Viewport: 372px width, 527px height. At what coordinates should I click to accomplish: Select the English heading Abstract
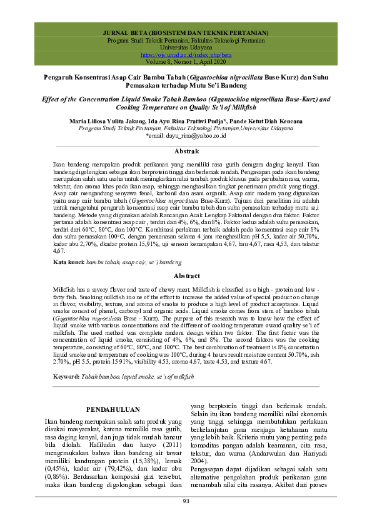[x=186, y=276]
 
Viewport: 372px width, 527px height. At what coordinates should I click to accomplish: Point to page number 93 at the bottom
[x=186, y=501]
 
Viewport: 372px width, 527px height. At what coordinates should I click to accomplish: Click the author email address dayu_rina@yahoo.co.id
[x=186, y=135]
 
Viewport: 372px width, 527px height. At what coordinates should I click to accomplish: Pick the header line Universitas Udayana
[x=186, y=48]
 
